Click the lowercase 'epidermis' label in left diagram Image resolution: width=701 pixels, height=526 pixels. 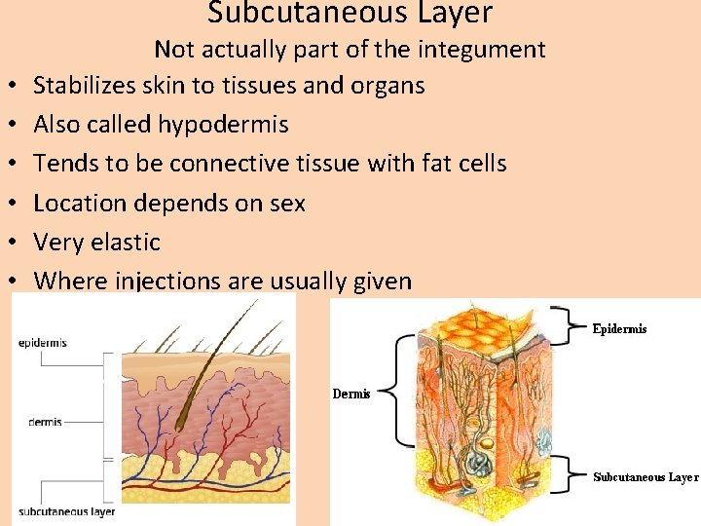click(x=43, y=343)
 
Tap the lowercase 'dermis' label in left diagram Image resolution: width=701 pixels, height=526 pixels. click(x=45, y=422)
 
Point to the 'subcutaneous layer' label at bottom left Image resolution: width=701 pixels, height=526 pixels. click(x=66, y=510)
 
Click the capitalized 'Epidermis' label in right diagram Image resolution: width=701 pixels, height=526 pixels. click(x=619, y=329)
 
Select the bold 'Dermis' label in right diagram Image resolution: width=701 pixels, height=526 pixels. click(x=351, y=394)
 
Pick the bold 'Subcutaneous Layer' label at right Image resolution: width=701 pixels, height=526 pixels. click(x=646, y=477)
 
